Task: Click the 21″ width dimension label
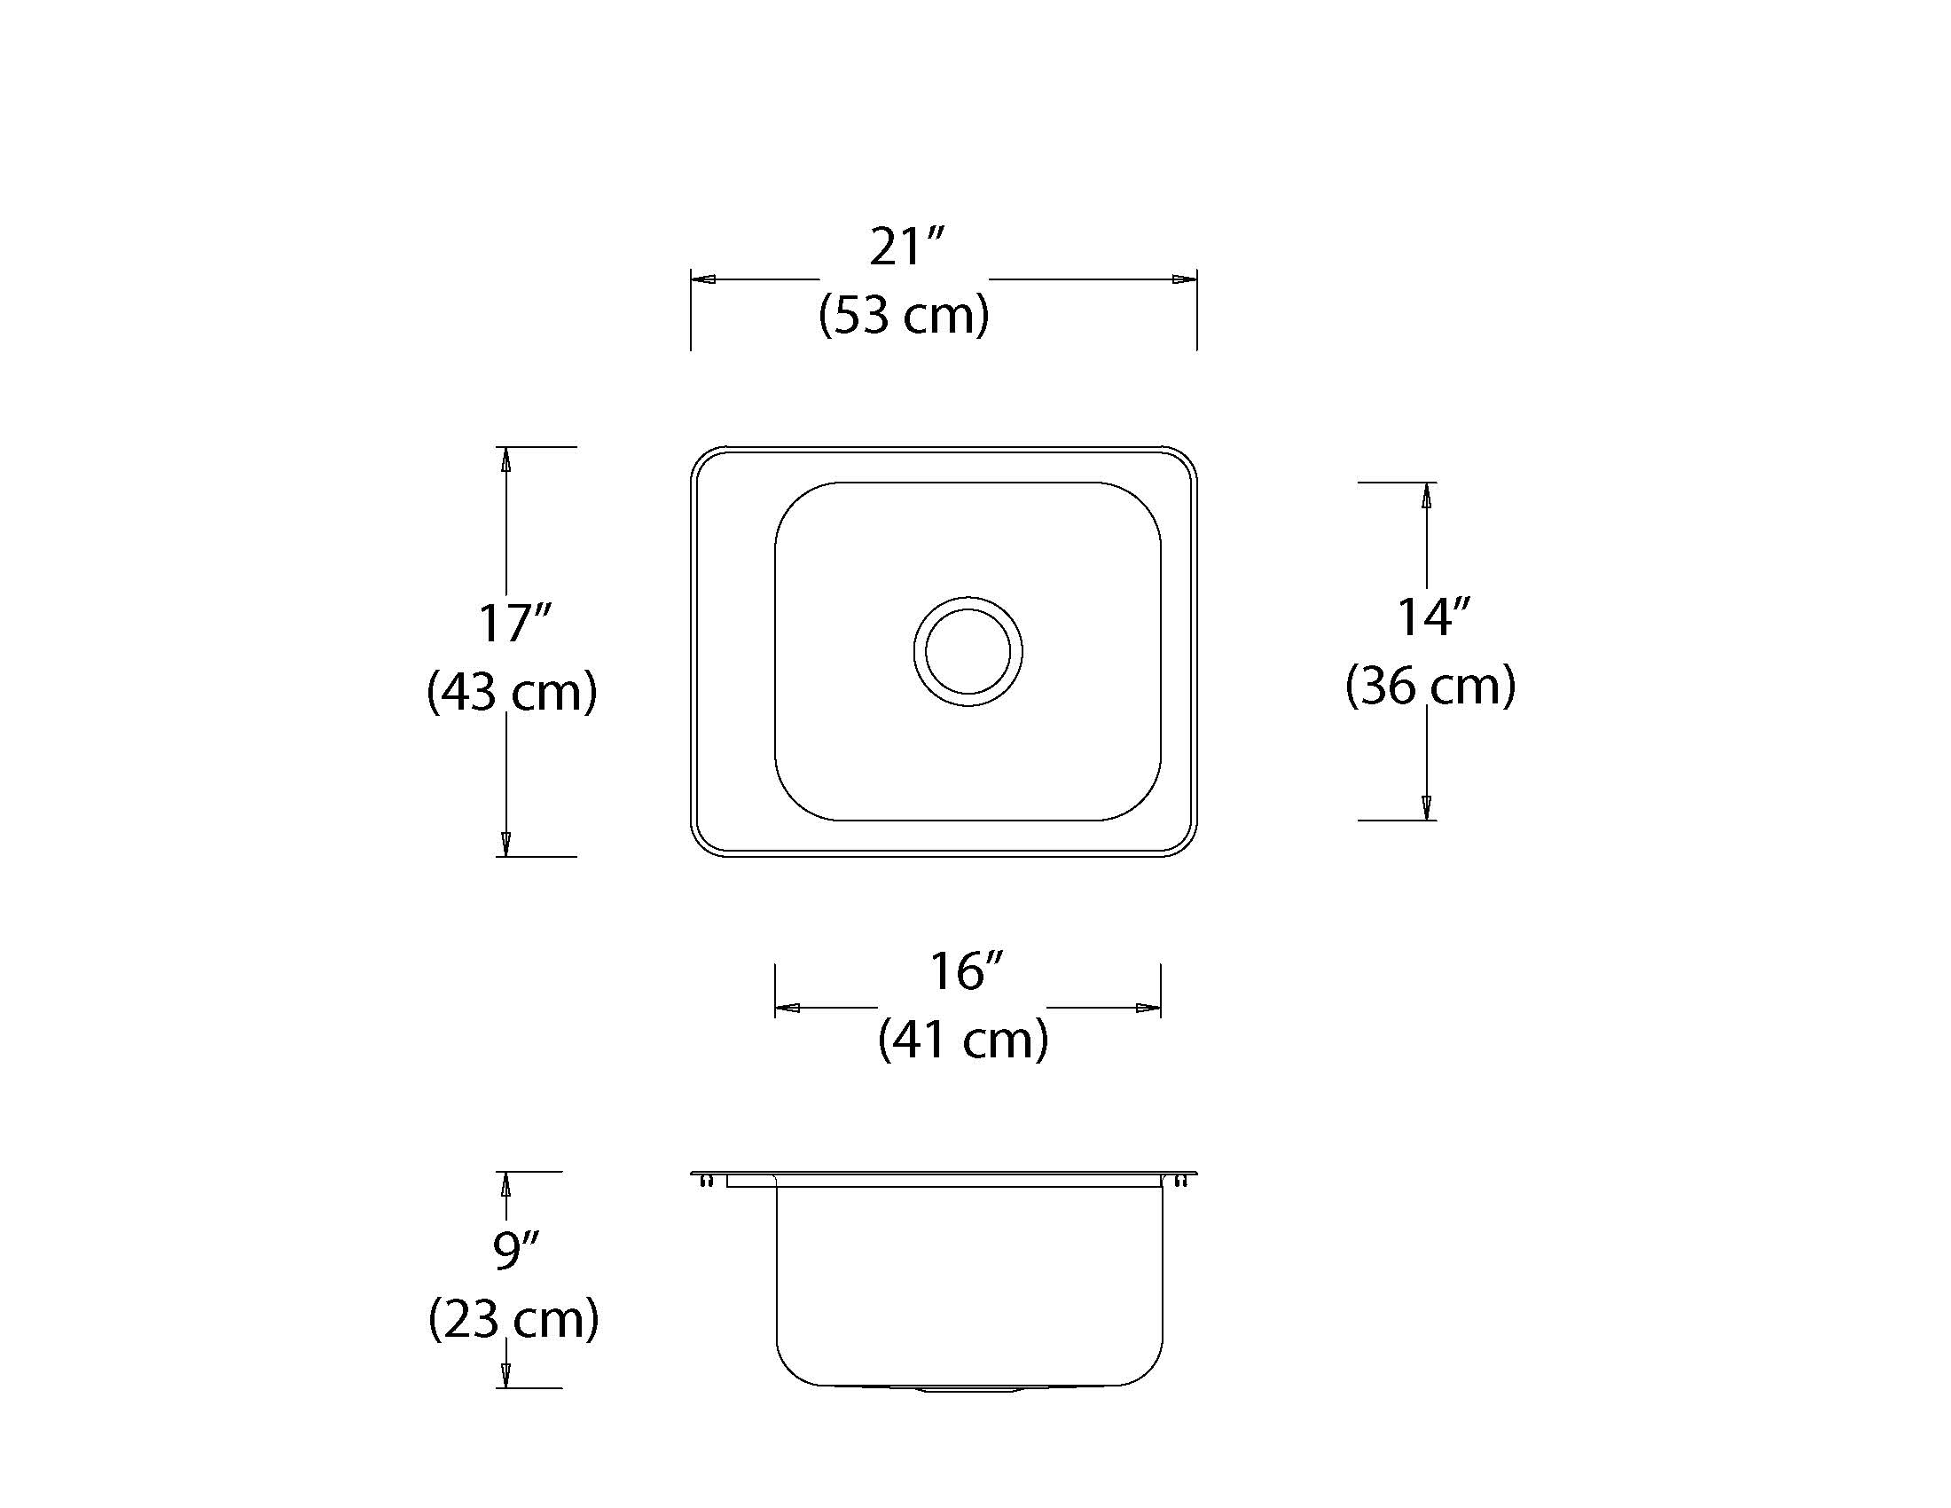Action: click(906, 247)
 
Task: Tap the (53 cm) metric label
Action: click(904, 315)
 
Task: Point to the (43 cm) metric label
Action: click(512, 692)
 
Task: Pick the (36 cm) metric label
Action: click(1430, 685)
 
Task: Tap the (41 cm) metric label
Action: click(963, 1039)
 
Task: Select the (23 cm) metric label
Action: click(513, 1318)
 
